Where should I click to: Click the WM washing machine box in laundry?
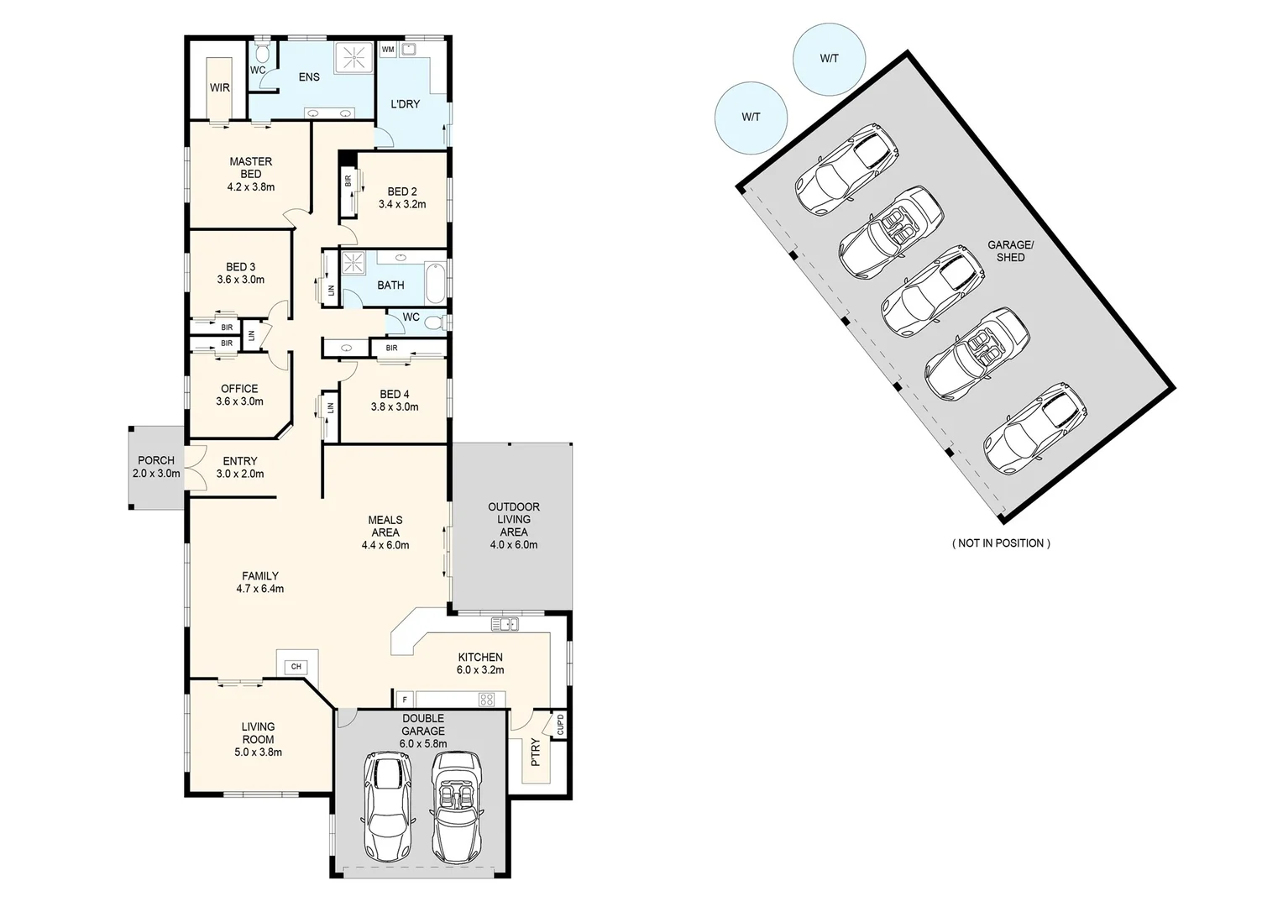point(388,50)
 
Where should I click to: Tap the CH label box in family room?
point(296,667)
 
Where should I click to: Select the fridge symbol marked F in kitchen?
point(405,699)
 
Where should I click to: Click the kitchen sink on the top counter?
point(505,624)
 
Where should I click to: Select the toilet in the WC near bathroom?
point(434,322)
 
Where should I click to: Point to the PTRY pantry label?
point(535,752)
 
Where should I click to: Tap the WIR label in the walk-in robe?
point(220,87)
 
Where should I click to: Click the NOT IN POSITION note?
point(1000,543)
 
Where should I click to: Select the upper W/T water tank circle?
point(829,59)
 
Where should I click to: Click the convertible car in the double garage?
point(456,806)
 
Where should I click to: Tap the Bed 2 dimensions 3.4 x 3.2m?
point(402,204)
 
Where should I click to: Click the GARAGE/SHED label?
point(1010,251)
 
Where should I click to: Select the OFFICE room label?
point(239,389)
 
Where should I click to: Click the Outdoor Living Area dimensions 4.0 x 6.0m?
point(514,544)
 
